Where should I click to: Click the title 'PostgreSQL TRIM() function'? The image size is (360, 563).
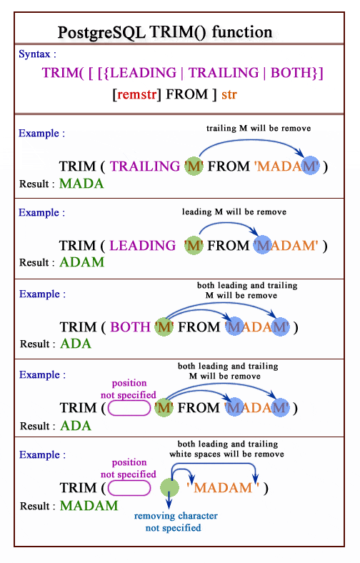[x=164, y=32]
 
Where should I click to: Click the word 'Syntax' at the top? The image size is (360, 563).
[x=35, y=54]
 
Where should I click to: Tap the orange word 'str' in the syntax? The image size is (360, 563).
[x=229, y=94]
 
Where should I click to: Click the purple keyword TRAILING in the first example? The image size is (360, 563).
[x=145, y=166]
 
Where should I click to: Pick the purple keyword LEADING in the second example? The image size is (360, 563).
[x=143, y=246]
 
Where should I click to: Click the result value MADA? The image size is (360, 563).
[x=81, y=184]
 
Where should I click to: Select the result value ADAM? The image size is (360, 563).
[x=81, y=262]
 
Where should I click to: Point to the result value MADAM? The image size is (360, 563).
[x=89, y=506]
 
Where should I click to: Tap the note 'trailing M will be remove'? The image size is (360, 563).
[x=259, y=129]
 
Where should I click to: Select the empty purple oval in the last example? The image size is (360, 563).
[x=129, y=489]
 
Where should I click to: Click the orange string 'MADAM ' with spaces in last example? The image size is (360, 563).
[x=223, y=489]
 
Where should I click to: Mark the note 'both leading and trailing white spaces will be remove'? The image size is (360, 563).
[x=226, y=449]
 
